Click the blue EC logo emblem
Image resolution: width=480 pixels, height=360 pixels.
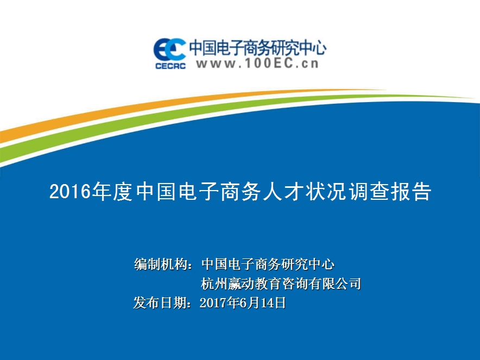[169, 49]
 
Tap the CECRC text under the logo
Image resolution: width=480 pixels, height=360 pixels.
[170, 66]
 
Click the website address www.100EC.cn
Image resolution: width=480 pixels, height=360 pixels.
[257, 64]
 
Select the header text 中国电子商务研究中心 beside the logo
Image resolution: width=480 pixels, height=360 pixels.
[257, 48]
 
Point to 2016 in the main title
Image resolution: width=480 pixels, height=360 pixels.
[70, 192]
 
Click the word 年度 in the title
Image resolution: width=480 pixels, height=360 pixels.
[112, 192]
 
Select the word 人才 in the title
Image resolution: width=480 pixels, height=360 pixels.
[282, 192]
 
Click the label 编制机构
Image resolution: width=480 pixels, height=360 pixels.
[161, 264]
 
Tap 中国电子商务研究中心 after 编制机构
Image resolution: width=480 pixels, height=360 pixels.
[268, 264]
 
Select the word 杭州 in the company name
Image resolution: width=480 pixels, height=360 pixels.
[214, 284]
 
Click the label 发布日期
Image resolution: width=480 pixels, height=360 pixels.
[160, 303]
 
